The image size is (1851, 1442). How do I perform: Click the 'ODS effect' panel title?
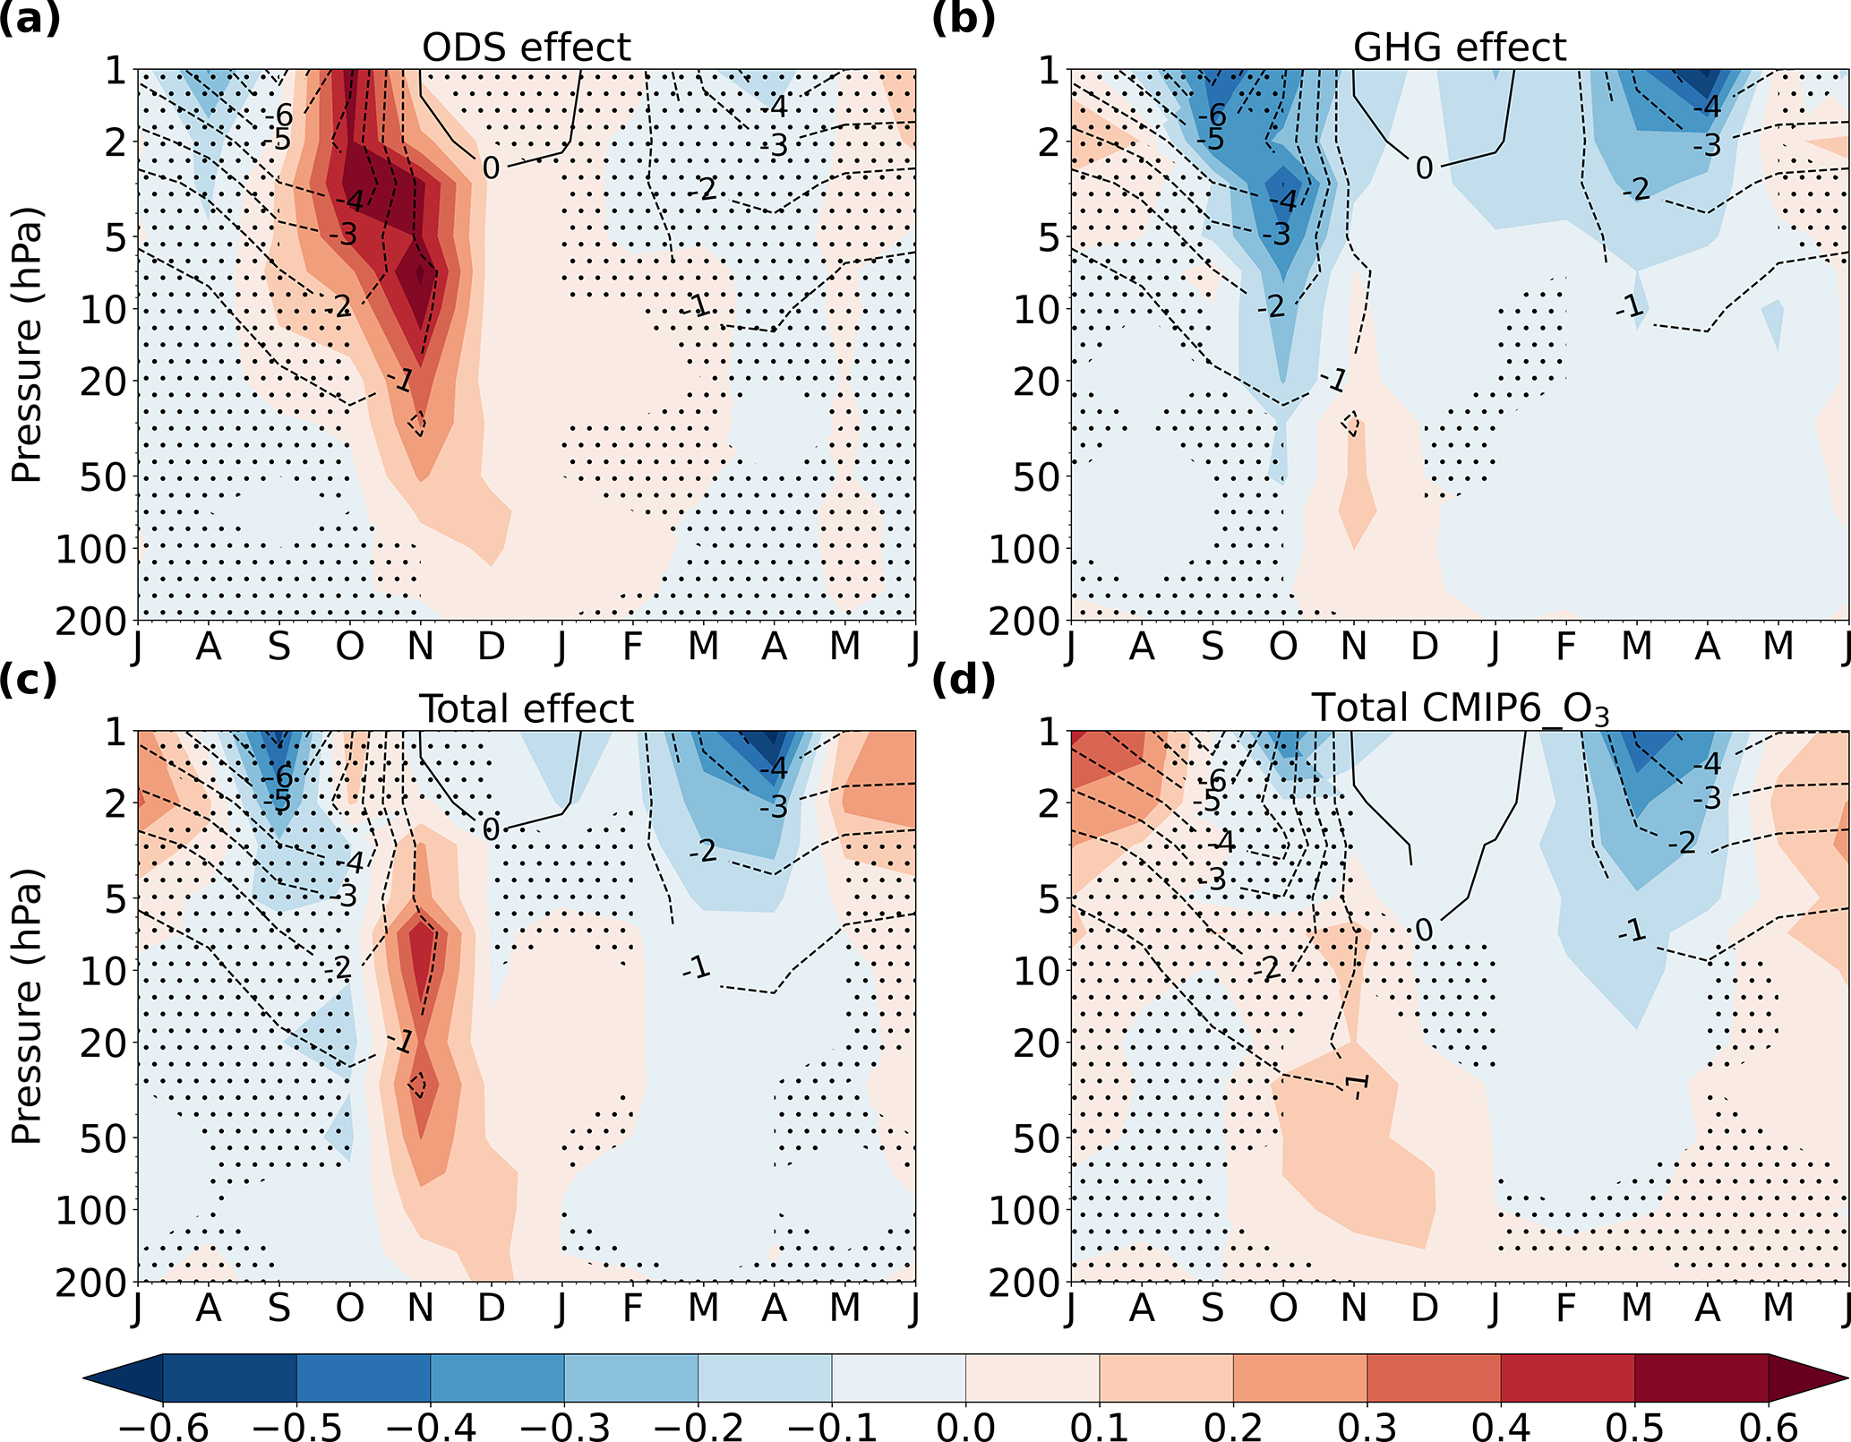(x=527, y=47)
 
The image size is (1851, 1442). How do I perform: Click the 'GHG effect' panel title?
(x=1460, y=47)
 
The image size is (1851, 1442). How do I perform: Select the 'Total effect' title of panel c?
(x=527, y=708)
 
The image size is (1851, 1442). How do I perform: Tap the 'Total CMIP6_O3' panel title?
(x=1460, y=708)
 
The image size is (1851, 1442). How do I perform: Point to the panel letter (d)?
(x=964, y=680)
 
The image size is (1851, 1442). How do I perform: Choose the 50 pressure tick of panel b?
(x=1037, y=476)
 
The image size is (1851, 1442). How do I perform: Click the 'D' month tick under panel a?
(x=491, y=646)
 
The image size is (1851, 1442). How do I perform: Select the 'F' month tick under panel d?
(x=1565, y=1308)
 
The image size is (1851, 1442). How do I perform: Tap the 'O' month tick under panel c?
(x=349, y=1308)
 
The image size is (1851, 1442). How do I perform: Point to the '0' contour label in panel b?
(x=1424, y=167)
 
